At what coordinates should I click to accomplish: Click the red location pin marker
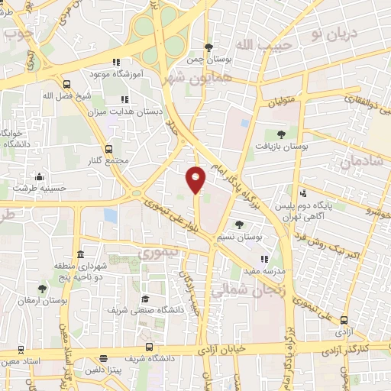pyautogui.click(x=196, y=179)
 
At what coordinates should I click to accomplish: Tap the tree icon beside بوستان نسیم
pyautogui.click(x=240, y=225)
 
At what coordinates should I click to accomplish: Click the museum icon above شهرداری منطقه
pyautogui.click(x=81, y=254)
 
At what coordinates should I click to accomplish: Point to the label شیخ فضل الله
pyautogui.click(x=66, y=95)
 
